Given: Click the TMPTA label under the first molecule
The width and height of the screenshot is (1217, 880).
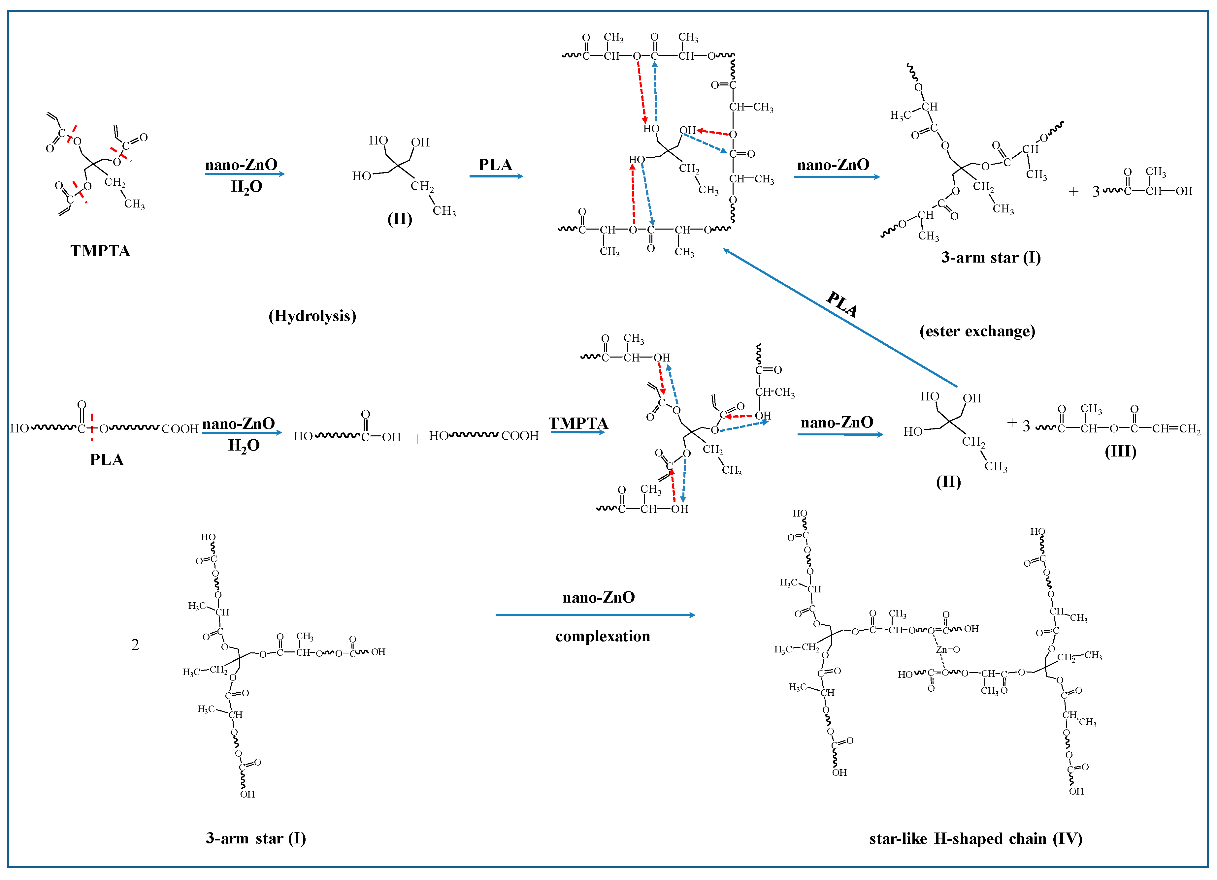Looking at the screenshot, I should tap(100, 251).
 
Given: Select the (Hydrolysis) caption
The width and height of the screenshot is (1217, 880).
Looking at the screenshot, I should tap(312, 316).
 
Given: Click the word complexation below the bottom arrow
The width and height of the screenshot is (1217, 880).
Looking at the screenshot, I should tap(603, 637).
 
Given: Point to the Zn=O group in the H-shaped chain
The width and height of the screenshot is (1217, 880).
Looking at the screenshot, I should tap(948, 649).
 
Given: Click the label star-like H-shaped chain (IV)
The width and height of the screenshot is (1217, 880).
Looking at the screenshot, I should tap(975, 839).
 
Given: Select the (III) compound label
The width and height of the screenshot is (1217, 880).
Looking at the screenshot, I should tap(1120, 452).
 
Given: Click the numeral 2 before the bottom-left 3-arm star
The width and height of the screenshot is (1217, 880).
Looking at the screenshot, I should tap(135, 644).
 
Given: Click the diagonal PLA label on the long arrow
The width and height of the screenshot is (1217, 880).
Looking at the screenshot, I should tap(842, 304).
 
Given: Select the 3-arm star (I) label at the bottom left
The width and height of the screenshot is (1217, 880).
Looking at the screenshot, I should tap(256, 839).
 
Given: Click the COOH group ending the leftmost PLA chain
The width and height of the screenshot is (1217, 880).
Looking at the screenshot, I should tap(180, 429).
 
